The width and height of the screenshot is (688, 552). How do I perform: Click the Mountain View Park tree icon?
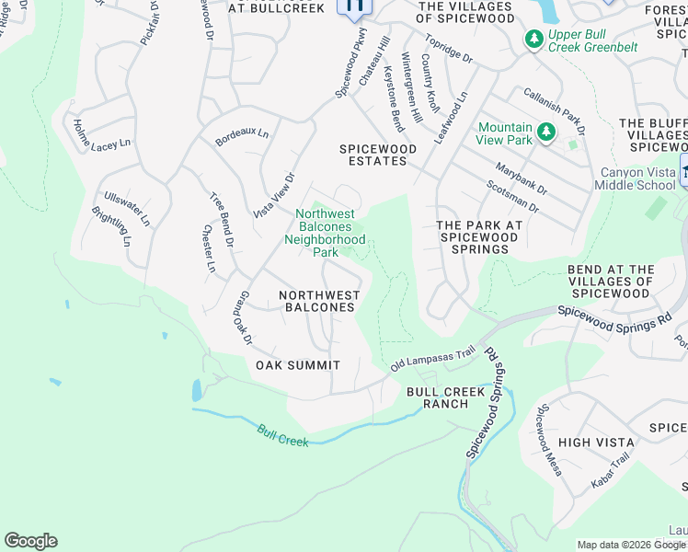546,133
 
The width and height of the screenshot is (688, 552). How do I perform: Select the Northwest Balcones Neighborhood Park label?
325,233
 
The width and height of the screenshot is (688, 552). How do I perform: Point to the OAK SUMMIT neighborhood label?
297,365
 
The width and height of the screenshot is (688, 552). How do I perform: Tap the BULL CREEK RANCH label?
445,398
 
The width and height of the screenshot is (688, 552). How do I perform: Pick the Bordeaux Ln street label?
242,136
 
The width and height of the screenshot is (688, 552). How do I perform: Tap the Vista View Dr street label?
274,195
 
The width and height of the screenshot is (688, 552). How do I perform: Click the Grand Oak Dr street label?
243,318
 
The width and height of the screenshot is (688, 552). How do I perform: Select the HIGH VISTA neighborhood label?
589,443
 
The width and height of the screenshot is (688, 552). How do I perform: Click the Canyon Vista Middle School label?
637,178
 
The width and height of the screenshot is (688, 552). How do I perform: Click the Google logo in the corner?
30,541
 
